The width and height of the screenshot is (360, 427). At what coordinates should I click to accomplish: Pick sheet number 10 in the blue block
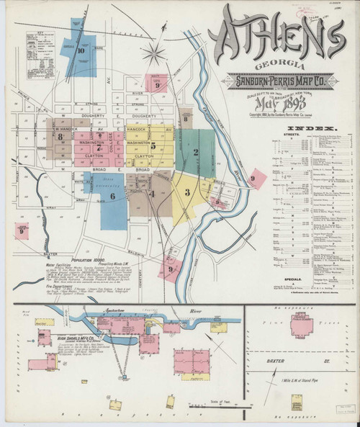81,51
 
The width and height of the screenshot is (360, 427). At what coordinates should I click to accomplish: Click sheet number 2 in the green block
195,151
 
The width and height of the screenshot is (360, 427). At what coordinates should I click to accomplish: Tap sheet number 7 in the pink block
99,148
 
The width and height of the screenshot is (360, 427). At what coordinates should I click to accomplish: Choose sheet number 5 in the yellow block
153,147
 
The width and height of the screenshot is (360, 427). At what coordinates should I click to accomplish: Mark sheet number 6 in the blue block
112,195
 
